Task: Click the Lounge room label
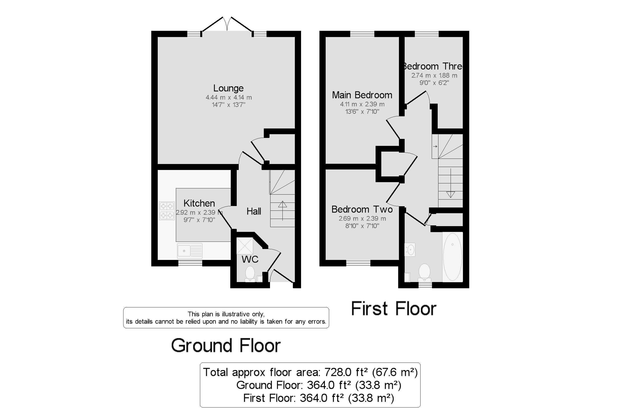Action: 228,88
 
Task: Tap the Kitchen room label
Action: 199,203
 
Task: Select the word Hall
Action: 254,211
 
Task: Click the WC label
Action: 250,259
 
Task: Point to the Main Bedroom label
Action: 362,95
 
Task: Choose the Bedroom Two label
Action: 362,209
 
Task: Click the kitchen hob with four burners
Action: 167,211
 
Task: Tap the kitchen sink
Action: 190,250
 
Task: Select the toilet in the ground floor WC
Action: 250,273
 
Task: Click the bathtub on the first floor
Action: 452,257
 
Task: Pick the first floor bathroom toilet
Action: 424,272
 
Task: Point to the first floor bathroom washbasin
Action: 410,249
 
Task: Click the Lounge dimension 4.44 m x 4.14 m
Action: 229,97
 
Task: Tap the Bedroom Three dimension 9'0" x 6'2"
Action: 434,83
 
